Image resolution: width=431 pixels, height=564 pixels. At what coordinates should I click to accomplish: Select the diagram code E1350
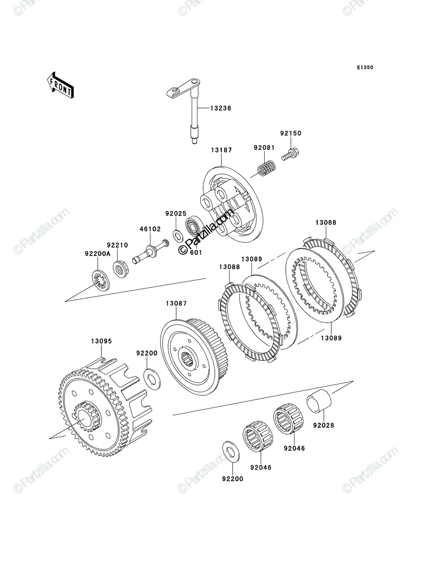pyautogui.click(x=365, y=68)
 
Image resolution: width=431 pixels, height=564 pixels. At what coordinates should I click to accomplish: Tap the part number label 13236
pyautogui.click(x=220, y=109)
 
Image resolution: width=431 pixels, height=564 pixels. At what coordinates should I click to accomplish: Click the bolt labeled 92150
pyautogui.click(x=290, y=154)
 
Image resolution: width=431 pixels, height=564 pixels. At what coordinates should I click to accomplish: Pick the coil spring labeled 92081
pyautogui.click(x=266, y=168)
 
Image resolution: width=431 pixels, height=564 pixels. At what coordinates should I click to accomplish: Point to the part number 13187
pyautogui.click(x=221, y=150)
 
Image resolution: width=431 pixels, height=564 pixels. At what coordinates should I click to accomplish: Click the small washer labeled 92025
pyautogui.click(x=177, y=235)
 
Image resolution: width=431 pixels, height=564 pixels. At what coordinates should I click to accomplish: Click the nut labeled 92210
pyautogui.click(x=121, y=269)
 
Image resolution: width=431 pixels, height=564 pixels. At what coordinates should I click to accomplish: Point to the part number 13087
pyautogui.click(x=176, y=304)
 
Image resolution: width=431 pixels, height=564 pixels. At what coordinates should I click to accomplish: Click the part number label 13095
pyautogui.click(x=101, y=341)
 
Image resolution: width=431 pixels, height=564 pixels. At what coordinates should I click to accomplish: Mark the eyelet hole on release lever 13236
pyautogui.click(x=175, y=90)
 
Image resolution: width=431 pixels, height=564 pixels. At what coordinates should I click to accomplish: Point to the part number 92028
pyautogui.click(x=324, y=425)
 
